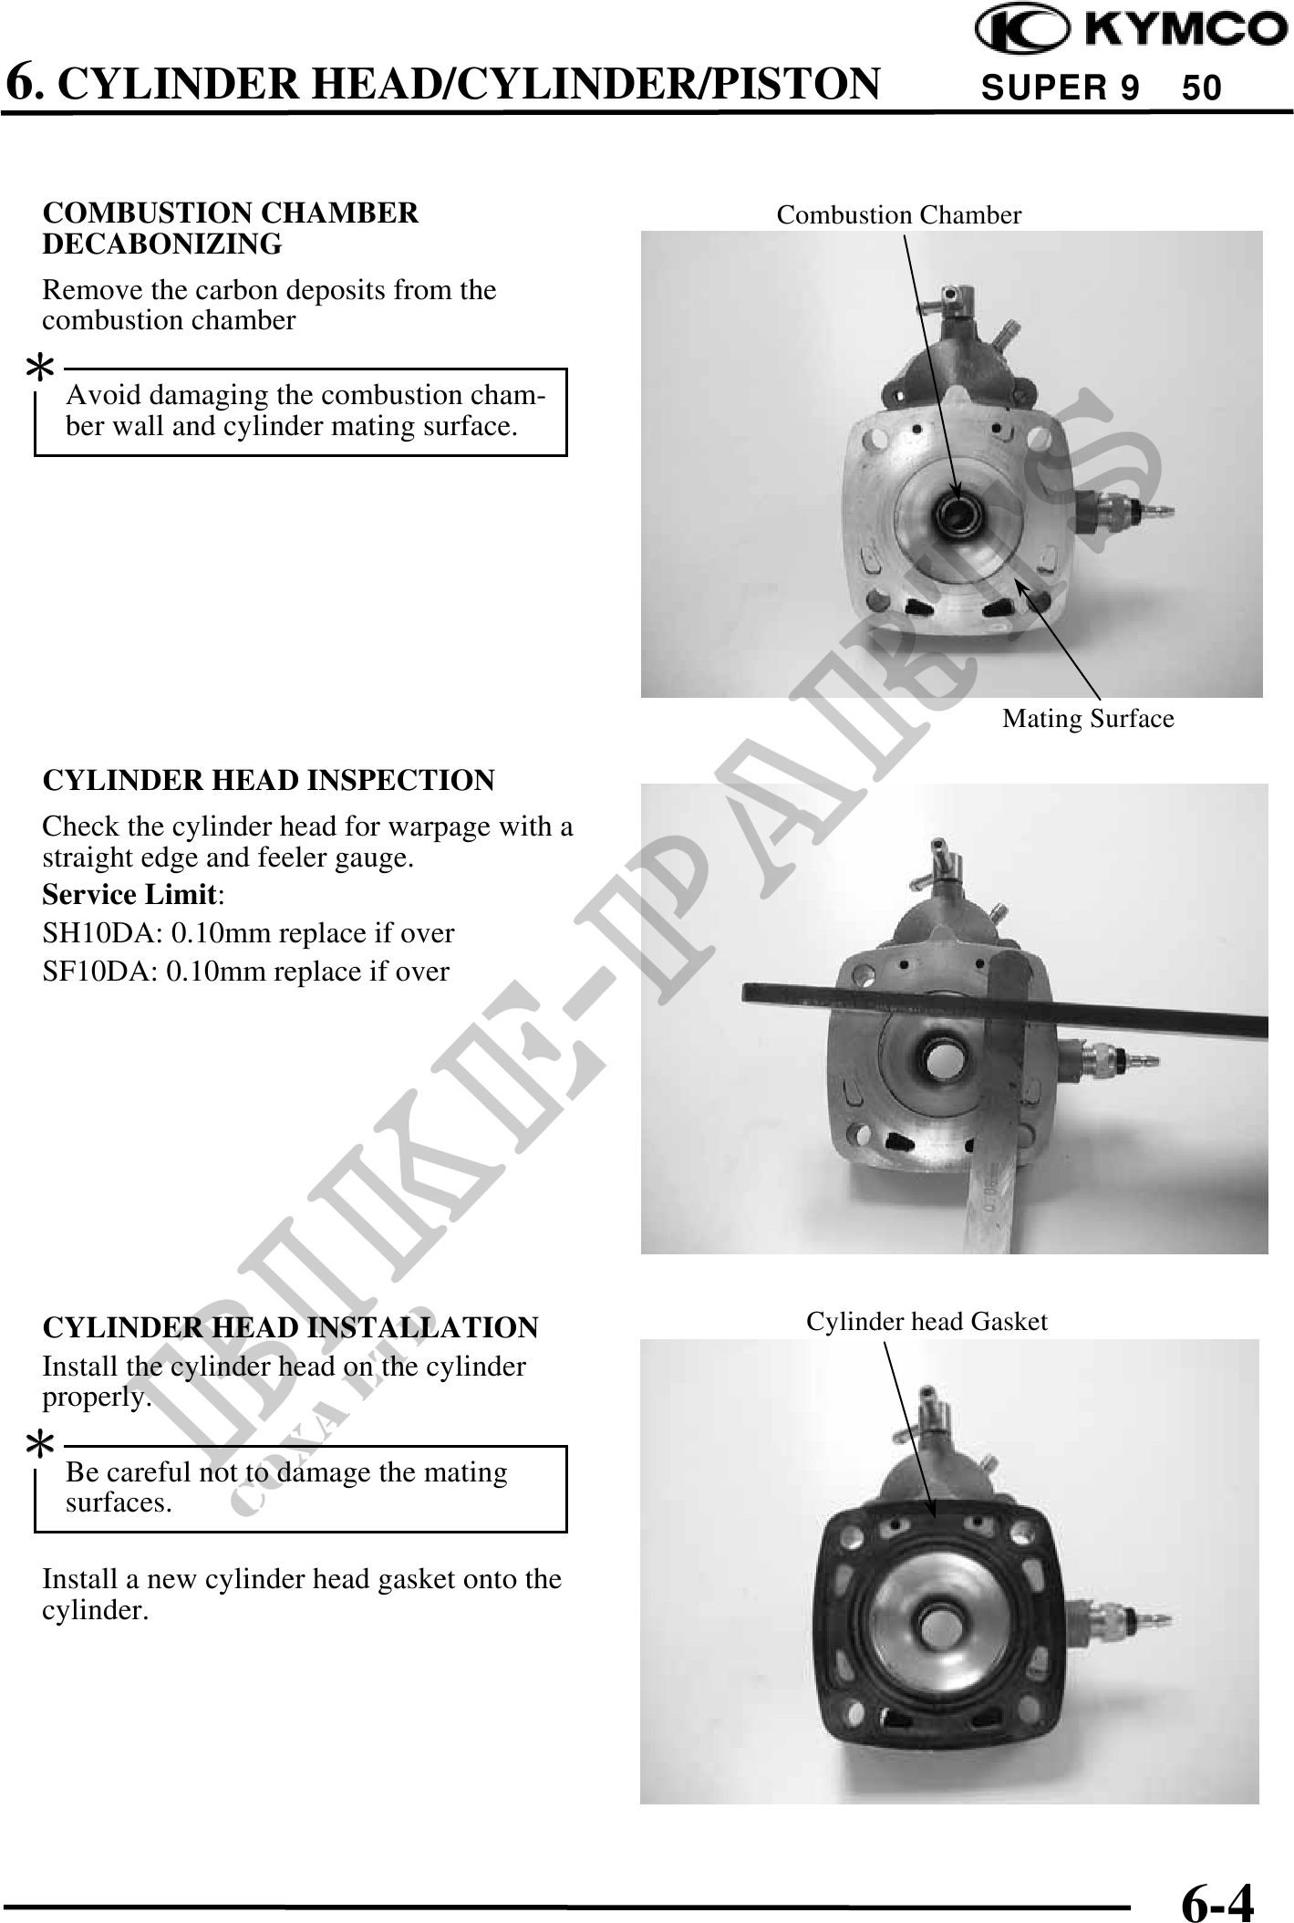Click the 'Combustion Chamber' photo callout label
click(899, 215)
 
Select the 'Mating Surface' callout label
click(1088, 719)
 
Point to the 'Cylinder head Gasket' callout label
click(927, 1321)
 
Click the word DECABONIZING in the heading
click(162, 244)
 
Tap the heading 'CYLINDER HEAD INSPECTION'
click(269, 781)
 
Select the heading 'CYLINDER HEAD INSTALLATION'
click(291, 1327)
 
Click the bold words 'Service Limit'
click(129, 895)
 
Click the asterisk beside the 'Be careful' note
click(39, 1445)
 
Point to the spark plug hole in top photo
click(958, 516)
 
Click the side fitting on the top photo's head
click(1122, 515)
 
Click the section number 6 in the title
click(25, 84)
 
